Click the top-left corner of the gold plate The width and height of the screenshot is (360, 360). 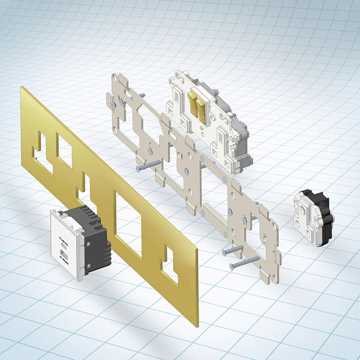[21, 88]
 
